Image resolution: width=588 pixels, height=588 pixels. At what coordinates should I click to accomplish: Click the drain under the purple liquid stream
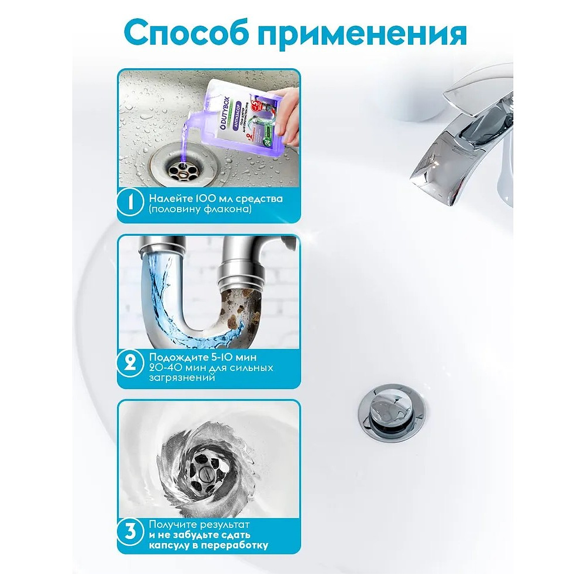click(x=182, y=169)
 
